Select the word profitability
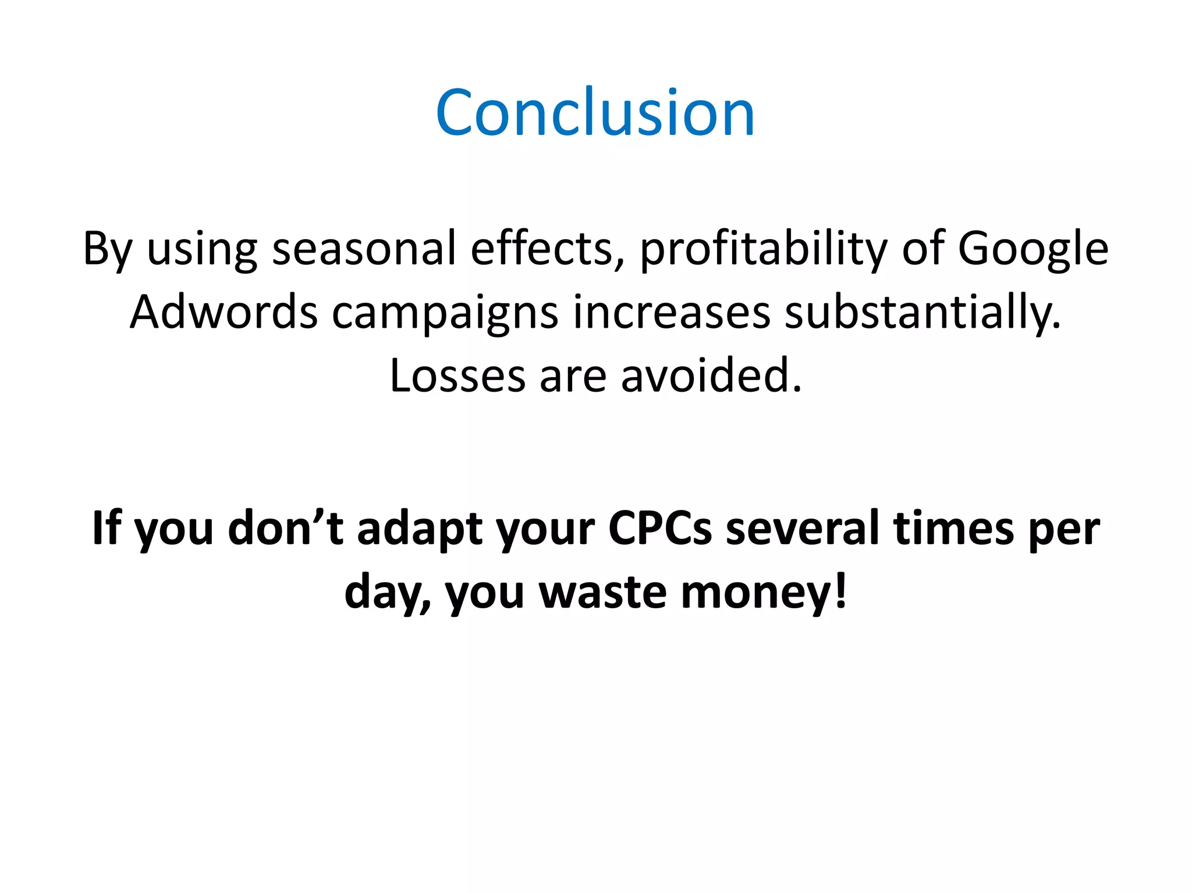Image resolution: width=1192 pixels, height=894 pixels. point(763,249)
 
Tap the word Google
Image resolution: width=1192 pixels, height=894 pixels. point(1033,249)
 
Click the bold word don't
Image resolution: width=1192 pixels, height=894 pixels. point(285,528)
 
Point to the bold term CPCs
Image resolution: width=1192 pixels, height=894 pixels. point(660,528)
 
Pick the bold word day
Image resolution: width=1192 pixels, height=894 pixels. point(385,592)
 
